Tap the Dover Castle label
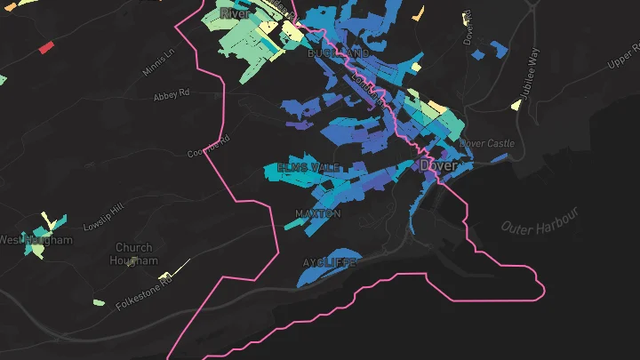(x=488, y=143)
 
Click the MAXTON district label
(x=317, y=214)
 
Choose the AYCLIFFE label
(x=329, y=263)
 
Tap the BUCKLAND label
(x=338, y=54)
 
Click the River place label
(x=235, y=13)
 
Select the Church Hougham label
(x=134, y=254)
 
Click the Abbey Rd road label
(x=172, y=93)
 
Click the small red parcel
(x=45, y=46)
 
